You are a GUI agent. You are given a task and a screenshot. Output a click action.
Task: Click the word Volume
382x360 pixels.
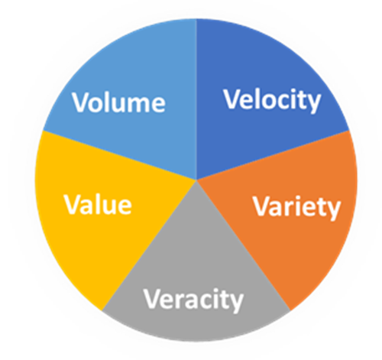pyautogui.click(x=118, y=102)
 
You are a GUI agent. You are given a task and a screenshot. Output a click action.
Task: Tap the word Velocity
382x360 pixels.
pyautogui.click(x=270, y=100)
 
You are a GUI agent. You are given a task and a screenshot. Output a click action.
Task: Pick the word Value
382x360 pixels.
pyautogui.click(x=97, y=205)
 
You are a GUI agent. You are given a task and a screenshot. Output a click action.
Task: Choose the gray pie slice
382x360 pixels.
pyautogui.click(x=196, y=252)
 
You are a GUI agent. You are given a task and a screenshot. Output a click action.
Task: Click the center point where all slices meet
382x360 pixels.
pyautogui.click(x=196, y=180)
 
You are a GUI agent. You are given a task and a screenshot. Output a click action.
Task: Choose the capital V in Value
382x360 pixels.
pyautogui.click(x=71, y=205)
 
